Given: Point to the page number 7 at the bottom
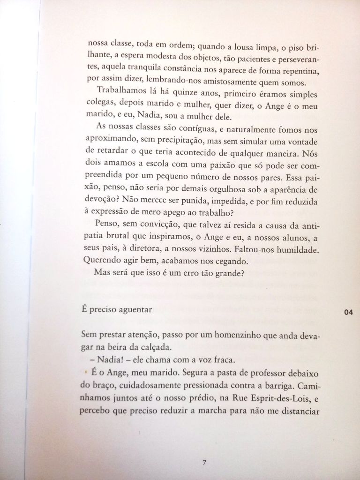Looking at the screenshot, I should (x=204, y=463).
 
